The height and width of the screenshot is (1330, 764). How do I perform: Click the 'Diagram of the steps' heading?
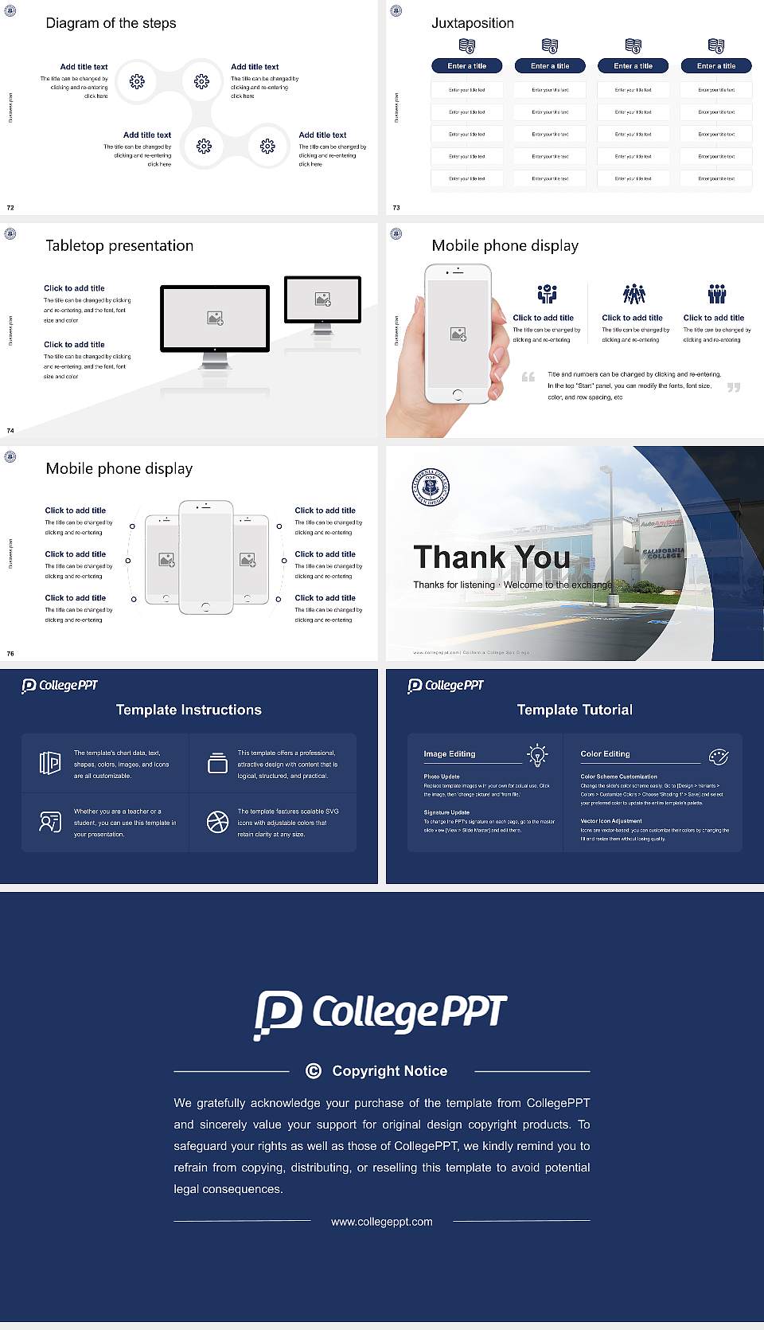coord(111,23)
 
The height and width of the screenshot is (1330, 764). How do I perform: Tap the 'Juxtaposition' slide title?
coord(472,23)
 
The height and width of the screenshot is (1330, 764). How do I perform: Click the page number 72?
coord(10,208)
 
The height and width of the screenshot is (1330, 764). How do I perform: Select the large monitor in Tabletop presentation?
coord(215,319)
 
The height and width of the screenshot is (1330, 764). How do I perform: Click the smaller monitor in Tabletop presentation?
coord(322,299)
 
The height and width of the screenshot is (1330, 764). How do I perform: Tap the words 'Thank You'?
coord(492,557)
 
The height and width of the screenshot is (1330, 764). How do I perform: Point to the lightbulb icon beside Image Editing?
coord(538,755)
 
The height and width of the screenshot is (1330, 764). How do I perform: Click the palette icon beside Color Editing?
coord(719,757)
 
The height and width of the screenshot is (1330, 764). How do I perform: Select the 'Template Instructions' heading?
coord(189,710)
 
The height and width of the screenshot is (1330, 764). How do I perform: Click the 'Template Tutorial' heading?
coord(575,710)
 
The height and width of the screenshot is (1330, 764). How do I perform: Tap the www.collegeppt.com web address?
coord(382,1222)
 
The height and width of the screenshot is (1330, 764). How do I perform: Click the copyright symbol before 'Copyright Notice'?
coord(314,1071)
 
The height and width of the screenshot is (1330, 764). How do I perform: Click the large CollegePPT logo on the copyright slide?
coord(380,1014)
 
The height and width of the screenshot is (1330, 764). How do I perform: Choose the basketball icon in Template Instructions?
coord(217,822)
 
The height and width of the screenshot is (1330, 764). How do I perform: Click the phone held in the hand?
coord(457,334)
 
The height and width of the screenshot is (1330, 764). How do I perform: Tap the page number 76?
coord(10,654)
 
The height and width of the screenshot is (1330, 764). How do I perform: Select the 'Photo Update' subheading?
coord(442,776)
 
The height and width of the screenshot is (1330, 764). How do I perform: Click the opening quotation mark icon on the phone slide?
coord(528,377)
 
